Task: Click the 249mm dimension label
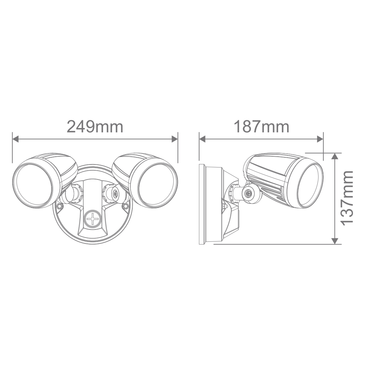(95, 127)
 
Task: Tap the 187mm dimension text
(262, 127)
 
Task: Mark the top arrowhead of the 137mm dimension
(334, 156)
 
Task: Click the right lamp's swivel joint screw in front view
(115, 193)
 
